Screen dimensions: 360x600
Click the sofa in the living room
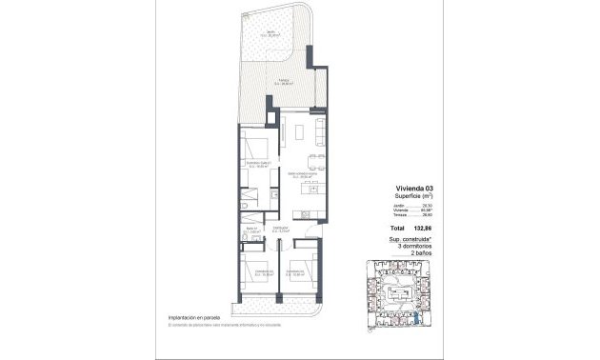click(x=320, y=130)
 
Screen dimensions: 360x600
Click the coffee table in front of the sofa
click(x=300, y=130)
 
